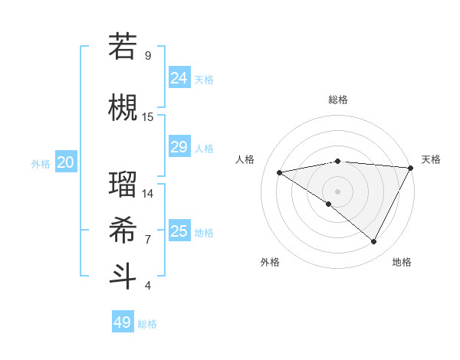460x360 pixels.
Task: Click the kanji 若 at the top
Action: [123, 47]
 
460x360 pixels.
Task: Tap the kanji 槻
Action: [123, 108]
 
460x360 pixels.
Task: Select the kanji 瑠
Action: [123, 185]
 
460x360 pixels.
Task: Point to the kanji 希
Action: [123, 231]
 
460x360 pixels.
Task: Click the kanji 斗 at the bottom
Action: [123, 277]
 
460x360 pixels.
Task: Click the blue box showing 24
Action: [179, 78]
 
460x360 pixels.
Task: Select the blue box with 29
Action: [179, 147]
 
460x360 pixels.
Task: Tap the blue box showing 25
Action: [179, 231]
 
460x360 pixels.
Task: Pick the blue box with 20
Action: [66, 162]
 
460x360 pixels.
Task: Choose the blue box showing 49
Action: [123, 322]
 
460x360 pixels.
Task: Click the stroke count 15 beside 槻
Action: [148, 117]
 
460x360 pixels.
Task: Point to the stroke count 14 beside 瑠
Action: [148, 194]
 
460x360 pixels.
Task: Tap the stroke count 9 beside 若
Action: [148, 56]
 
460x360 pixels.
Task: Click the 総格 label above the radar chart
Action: [337, 100]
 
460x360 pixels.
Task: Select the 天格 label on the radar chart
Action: [431, 159]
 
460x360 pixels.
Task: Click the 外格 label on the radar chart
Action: [270, 262]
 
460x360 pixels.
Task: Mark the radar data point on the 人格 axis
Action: [280, 172]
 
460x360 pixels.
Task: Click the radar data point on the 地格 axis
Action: [373, 241]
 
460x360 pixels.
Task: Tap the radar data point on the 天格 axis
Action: [410, 168]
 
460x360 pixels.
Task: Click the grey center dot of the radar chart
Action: [337, 191]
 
